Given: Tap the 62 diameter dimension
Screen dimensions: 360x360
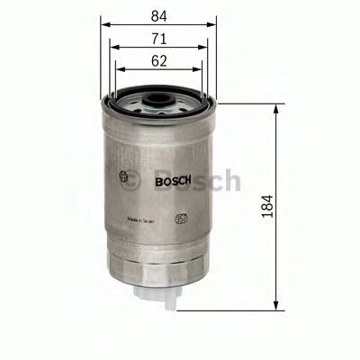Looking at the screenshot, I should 158,61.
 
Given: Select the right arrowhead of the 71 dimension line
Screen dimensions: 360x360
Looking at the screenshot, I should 208,49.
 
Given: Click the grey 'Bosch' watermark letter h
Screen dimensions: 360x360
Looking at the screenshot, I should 231,181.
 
